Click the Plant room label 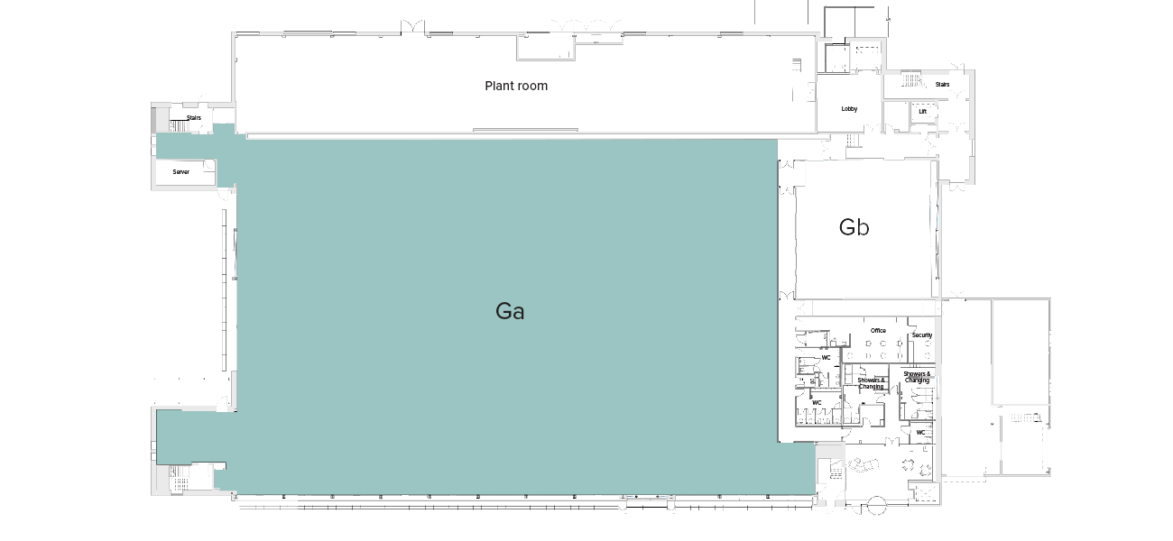pos(516,87)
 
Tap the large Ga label pos(510,312)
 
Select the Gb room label pos(854,227)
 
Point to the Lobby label pos(849,109)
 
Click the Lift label pos(922,112)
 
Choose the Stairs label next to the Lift pos(942,85)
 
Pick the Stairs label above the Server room pos(193,118)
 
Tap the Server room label pos(181,171)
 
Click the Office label pos(878,331)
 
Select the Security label pos(921,335)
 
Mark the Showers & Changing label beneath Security pos(917,377)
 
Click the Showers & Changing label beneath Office pos(871,383)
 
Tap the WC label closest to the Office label pos(825,358)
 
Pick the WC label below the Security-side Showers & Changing pos(920,433)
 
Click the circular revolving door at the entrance pos(876,508)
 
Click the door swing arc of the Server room pos(209,165)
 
